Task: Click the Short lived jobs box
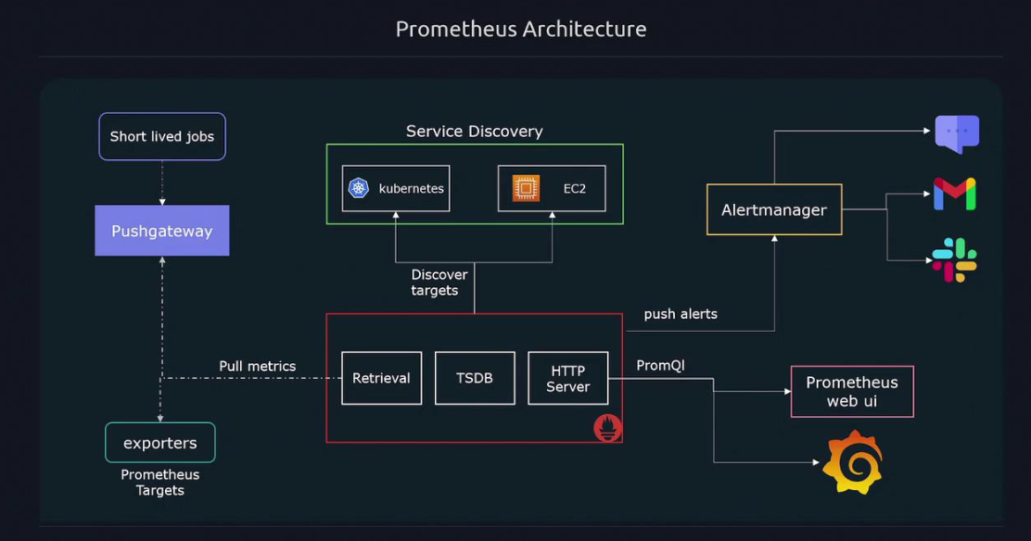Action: tap(162, 136)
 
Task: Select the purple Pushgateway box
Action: tap(162, 231)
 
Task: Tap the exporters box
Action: tap(160, 443)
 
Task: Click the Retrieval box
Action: tap(381, 378)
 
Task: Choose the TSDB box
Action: tap(475, 378)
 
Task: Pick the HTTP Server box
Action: tap(567, 378)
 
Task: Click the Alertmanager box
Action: tap(774, 209)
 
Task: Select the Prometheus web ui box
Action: tap(852, 391)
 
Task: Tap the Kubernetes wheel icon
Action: tap(359, 188)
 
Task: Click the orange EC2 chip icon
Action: tap(526, 188)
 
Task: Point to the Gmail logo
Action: tap(954, 194)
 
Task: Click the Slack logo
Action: tap(954, 260)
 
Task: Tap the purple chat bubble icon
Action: tap(957, 133)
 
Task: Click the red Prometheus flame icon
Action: tap(608, 427)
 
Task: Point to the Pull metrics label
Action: tap(258, 366)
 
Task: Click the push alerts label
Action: tap(681, 314)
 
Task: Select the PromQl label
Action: tap(660, 366)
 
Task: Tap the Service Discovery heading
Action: tap(475, 132)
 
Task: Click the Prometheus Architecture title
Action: tap(521, 29)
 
